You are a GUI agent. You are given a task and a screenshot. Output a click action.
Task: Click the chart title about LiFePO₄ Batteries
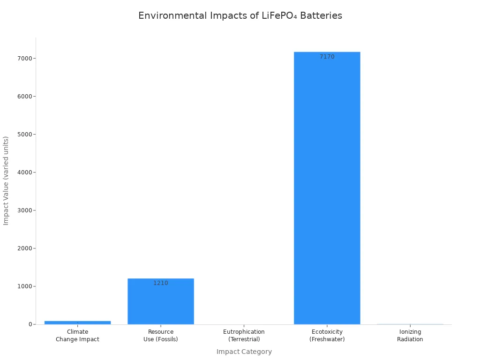(x=240, y=15)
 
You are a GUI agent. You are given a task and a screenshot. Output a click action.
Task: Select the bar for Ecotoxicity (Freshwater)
(x=327, y=187)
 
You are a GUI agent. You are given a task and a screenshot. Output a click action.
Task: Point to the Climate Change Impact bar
(x=77, y=322)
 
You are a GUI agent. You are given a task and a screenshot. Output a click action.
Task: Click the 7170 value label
(x=327, y=57)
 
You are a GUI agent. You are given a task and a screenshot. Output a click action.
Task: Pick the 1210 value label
(x=160, y=283)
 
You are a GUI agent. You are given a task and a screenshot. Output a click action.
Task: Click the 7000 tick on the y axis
(x=24, y=59)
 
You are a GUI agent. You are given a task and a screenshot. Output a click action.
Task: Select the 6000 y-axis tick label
(x=24, y=97)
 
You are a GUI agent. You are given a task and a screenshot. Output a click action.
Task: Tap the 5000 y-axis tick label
(x=24, y=135)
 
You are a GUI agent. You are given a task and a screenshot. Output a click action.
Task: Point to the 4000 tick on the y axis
(x=24, y=172)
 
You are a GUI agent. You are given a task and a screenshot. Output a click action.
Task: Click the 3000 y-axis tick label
(x=24, y=210)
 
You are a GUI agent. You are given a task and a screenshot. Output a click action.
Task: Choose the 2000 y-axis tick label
(x=24, y=248)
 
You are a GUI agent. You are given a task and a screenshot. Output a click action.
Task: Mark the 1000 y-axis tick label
(x=24, y=286)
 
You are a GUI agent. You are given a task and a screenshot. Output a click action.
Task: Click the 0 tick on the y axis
(x=30, y=324)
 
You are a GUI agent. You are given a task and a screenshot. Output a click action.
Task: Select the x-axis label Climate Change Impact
(x=77, y=336)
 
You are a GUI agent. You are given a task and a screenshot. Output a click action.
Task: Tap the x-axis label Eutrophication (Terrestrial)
(x=244, y=336)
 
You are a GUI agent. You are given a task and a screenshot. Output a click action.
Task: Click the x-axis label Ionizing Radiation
(x=410, y=336)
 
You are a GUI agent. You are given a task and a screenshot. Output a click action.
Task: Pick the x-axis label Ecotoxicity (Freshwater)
(x=327, y=336)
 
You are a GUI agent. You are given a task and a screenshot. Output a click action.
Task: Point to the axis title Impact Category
(x=244, y=352)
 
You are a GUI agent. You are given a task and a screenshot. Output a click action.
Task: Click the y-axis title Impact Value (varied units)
(x=6, y=180)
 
